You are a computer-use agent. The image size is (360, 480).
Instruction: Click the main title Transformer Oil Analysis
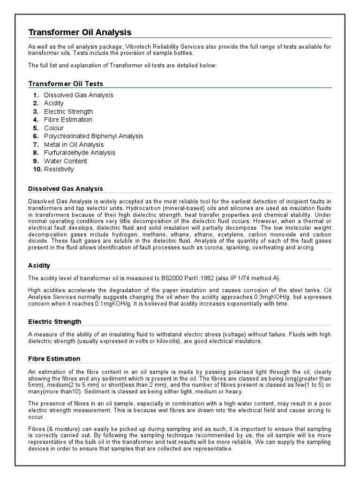pyautogui.click(x=80, y=32)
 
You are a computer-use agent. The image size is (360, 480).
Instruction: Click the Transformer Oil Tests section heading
pyautogui.click(x=66, y=83)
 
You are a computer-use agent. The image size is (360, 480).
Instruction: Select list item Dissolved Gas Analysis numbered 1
pyautogui.click(x=78, y=95)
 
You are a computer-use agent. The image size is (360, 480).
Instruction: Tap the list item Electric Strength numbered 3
pyautogui.click(x=68, y=112)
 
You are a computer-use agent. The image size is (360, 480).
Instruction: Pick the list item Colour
pyautogui.click(x=54, y=128)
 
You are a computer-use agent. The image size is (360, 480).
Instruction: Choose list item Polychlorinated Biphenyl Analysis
pyautogui.click(x=94, y=136)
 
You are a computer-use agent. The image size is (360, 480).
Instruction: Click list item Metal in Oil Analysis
pyautogui.click(x=73, y=144)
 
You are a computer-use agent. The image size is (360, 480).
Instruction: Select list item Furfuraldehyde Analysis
pyautogui.click(x=79, y=153)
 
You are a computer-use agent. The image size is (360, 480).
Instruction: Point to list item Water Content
pyautogui.click(x=66, y=161)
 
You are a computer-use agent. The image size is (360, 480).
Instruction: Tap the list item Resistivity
pyautogui.click(x=59, y=169)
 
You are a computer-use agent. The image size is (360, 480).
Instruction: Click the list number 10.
pyautogui.click(x=37, y=169)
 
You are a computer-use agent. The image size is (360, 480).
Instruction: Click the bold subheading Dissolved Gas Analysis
pyautogui.click(x=66, y=189)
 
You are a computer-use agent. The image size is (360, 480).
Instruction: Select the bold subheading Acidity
pyautogui.click(x=39, y=265)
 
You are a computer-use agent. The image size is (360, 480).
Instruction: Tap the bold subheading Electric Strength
pyautogui.click(x=55, y=322)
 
